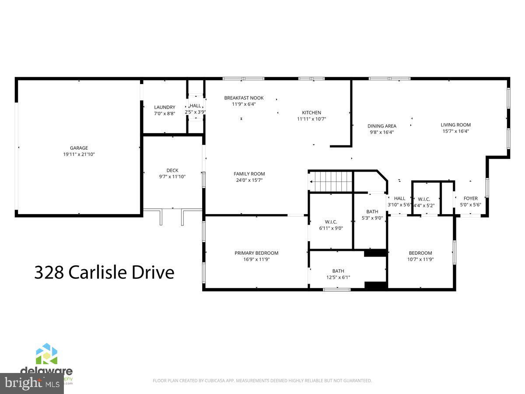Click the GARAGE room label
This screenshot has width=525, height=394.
coord(79,148)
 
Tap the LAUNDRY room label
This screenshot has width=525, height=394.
coord(164,107)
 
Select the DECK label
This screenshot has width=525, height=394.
coord(172,171)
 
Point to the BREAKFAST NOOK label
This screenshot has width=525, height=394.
coord(244,98)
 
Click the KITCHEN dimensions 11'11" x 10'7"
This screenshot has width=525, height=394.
coord(311,119)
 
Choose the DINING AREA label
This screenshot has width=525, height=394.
coord(381,126)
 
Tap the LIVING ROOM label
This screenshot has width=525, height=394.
coord(455,125)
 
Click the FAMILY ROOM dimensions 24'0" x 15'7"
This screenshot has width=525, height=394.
coord(249,180)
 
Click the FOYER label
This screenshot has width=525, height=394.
coord(471,198)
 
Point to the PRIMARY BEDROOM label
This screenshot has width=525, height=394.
coord(256,253)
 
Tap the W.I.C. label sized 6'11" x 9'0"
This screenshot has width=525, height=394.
coord(331,222)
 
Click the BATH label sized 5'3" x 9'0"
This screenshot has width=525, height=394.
coord(372,212)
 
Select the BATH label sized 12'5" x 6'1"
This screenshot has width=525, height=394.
coord(338,271)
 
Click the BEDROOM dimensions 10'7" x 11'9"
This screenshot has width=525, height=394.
coord(420,259)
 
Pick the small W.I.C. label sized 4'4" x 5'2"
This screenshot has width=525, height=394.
coord(424,199)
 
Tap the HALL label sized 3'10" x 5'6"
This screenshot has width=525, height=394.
coord(399,198)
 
